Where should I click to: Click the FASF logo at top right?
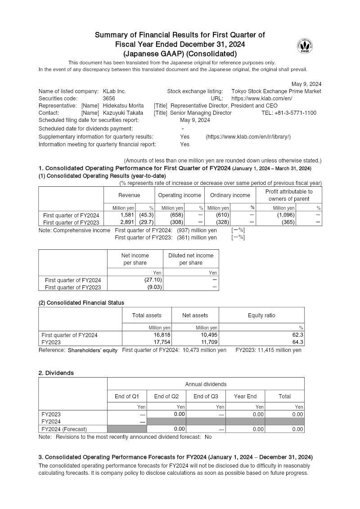pyautogui.click(x=305, y=46)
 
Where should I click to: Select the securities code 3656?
pyautogui.click(x=109, y=99)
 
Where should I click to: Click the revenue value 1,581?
pyautogui.click(x=127, y=215)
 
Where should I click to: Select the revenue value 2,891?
pyautogui.click(x=127, y=222)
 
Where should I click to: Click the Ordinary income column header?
pyautogui.click(x=230, y=195)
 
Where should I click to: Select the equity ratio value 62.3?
pyautogui.click(x=297, y=335)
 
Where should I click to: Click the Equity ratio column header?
pyautogui.click(x=261, y=315)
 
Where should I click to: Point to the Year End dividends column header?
pyautogui.click(x=245, y=396)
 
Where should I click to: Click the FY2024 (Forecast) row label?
pyautogui.click(x=64, y=429)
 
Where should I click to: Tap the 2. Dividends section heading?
pyautogui.click(x=56, y=373)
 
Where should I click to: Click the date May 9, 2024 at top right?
pyautogui.click(x=306, y=84)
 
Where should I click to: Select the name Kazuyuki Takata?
pyautogui.click(x=122, y=113)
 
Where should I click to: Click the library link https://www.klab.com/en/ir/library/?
pyautogui.click(x=248, y=137)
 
